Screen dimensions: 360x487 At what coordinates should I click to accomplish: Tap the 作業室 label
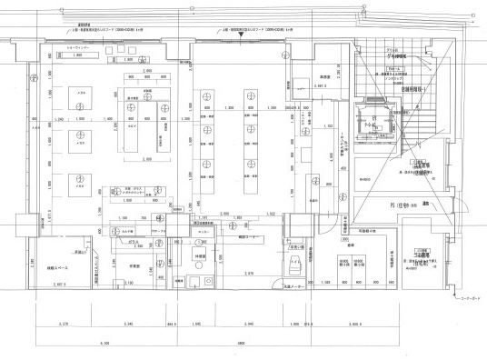(x=133, y=267)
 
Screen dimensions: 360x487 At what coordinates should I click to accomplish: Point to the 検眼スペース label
(x=58, y=270)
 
